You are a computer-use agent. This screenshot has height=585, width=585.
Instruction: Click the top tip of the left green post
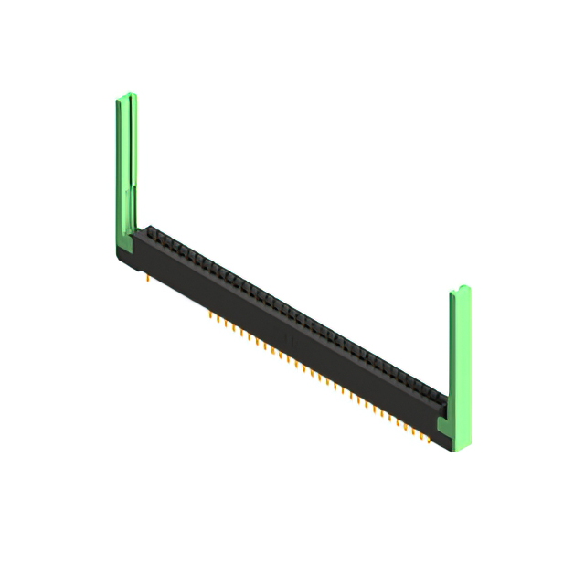126,97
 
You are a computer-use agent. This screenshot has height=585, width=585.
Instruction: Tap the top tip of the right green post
460,291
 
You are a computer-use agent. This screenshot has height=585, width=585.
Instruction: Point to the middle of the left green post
126,165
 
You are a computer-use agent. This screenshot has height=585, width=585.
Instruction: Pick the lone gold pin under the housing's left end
146,275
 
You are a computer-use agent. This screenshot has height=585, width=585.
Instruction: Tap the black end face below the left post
135,256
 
